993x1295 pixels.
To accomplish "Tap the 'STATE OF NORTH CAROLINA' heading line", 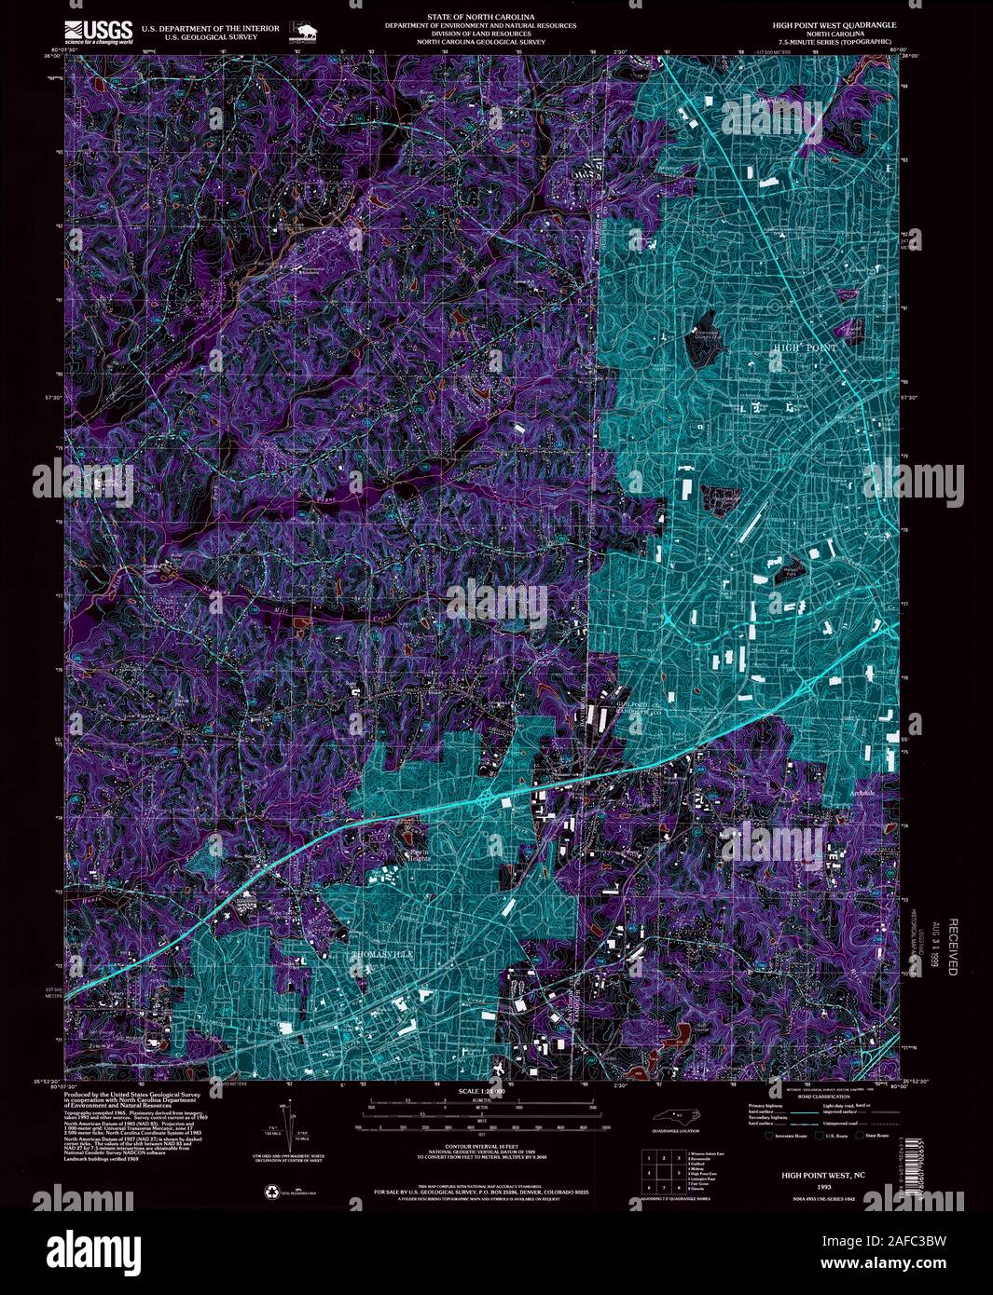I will pyautogui.click(x=481, y=18).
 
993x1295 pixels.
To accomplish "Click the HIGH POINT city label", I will pyautogui.click(x=804, y=347).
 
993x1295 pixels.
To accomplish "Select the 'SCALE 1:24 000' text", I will pyautogui.click(x=481, y=1091).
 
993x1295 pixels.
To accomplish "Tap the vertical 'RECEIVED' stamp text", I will pyautogui.click(x=953, y=947).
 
